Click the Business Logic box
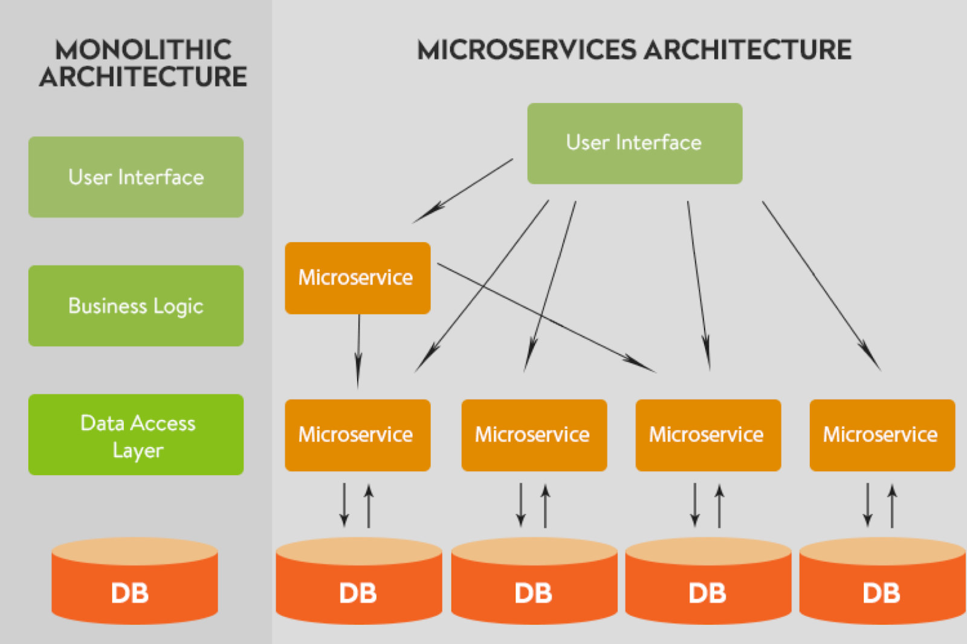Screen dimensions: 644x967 (136, 306)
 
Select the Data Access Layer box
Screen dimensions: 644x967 (136, 434)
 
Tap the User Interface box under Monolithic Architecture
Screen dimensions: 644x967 (136, 177)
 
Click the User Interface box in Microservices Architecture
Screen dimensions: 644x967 (635, 143)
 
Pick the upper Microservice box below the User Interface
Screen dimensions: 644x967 (358, 278)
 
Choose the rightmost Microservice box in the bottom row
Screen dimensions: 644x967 (882, 435)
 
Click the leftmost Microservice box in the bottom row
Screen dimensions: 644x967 (358, 435)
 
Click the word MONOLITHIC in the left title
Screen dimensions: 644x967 (143, 50)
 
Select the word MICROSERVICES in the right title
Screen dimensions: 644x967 (526, 50)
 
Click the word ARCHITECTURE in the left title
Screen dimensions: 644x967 (143, 77)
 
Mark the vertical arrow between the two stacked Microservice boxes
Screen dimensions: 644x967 (358, 350)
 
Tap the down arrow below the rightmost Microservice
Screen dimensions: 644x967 (868, 504)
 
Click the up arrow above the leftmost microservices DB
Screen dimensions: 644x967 (369, 506)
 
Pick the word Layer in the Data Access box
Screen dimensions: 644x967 (138, 451)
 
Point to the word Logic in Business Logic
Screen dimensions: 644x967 (178, 306)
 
